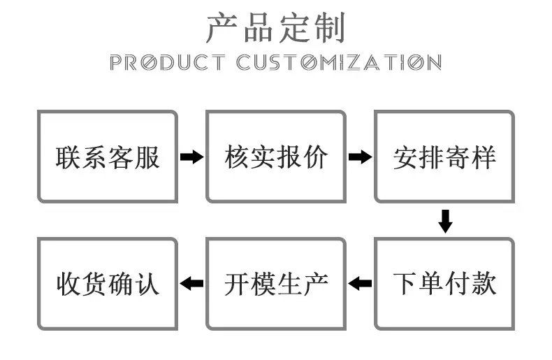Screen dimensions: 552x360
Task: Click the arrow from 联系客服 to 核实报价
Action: pyautogui.click(x=192, y=157)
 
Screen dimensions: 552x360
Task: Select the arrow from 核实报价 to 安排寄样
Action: pyautogui.click(x=360, y=157)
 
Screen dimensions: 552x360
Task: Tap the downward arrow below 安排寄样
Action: pyautogui.click(x=445, y=221)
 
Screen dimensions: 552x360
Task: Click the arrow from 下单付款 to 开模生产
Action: pyautogui.click(x=360, y=283)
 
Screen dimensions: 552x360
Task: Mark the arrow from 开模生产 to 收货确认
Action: pyautogui.click(x=191, y=283)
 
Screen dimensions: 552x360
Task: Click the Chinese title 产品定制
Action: pyautogui.click(x=275, y=28)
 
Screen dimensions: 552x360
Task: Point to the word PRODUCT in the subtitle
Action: pyautogui.click(x=167, y=62)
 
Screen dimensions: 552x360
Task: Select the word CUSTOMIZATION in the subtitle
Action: pyautogui.click(x=339, y=62)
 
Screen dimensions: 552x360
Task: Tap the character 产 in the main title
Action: pyautogui.click(x=221, y=28)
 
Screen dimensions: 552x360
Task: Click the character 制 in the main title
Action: pyautogui.click(x=330, y=28)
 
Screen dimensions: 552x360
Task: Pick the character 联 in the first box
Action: pyautogui.click(x=68, y=157)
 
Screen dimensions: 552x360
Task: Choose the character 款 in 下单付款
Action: pyautogui.click(x=484, y=284)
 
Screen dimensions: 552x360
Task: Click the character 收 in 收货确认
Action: pyautogui.click(x=69, y=284)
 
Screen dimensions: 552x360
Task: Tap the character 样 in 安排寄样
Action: pyautogui.click(x=484, y=157)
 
